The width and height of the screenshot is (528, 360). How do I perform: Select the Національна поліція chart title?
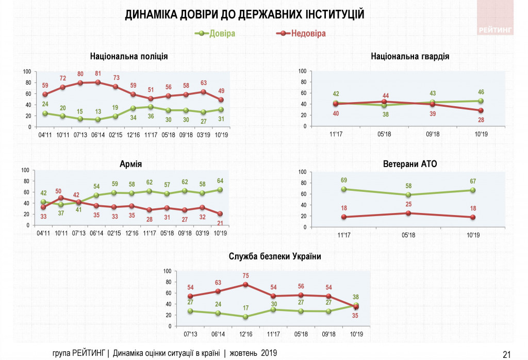[128, 56]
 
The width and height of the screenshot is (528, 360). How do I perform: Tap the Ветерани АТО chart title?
[410, 164]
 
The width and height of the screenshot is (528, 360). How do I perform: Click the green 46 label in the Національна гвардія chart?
[482, 92]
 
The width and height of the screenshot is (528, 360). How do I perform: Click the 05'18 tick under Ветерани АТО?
[408, 236]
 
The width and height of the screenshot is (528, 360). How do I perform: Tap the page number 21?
[506, 354]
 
